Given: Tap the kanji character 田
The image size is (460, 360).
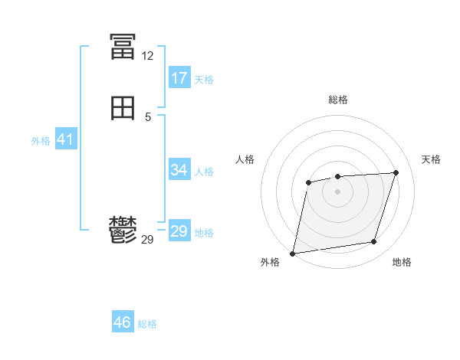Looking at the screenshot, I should [x=123, y=110].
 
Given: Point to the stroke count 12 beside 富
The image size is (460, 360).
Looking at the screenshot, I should [x=147, y=56].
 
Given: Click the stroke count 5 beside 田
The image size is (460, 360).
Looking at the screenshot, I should [x=148, y=117].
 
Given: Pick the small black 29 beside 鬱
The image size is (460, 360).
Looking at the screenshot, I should [x=147, y=240].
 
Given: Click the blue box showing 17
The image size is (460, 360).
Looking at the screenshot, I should [x=179, y=78].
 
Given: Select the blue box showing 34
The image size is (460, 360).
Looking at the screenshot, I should [x=179, y=170].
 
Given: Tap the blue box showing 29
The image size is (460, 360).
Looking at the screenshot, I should [x=179, y=231].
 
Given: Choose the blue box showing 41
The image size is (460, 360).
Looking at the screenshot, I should [x=65, y=139].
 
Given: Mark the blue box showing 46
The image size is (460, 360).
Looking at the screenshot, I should [x=123, y=322].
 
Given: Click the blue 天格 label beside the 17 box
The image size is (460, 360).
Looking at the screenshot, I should [x=204, y=80].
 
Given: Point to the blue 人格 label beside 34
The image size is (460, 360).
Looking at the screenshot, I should [x=204, y=172].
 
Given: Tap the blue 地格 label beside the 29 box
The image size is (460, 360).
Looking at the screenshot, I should [x=204, y=233].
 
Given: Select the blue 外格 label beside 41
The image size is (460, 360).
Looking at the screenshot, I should [x=41, y=141].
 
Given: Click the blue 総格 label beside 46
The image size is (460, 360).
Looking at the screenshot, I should [x=147, y=324].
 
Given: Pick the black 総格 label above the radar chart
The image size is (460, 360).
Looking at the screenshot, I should [x=338, y=100].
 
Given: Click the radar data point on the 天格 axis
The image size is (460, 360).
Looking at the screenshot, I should [x=396, y=172].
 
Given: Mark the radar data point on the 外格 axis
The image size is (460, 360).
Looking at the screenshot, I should [x=293, y=253].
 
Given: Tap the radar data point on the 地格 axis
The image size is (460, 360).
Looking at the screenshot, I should [x=373, y=242].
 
